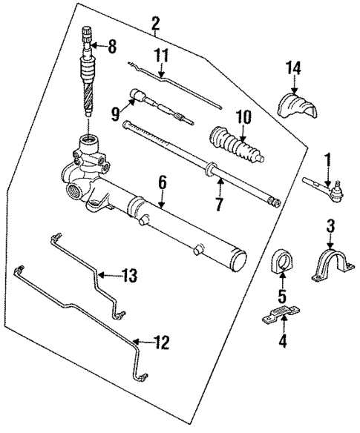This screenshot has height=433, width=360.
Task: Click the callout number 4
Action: click(282, 343)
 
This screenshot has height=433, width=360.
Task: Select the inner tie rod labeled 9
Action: click(160, 105)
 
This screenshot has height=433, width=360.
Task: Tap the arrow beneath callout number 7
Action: click(219, 185)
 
